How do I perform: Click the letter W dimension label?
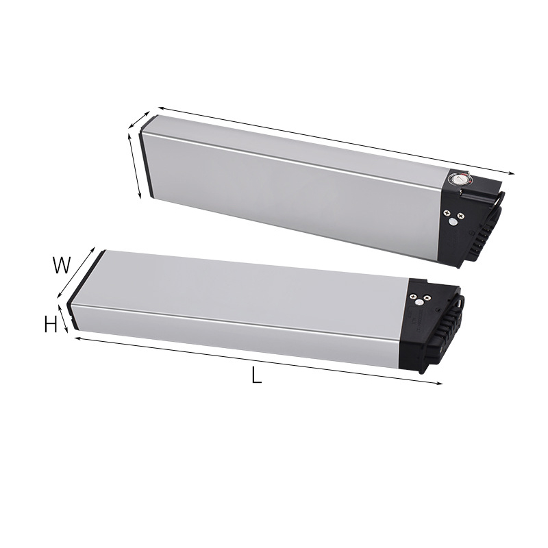pyautogui.click(x=62, y=265)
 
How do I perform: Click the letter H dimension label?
pyautogui.click(x=51, y=325)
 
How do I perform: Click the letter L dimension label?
pyautogui.click(x=256, y=376)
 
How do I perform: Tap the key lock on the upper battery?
pyautogui.click(x=458, y=180)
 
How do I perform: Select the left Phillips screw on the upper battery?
pyautogui.click(x=446, y=212)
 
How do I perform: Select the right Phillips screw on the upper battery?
pyautogui.click(x=461, y=216)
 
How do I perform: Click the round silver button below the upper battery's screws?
pyautogui.click(x=452, y=221)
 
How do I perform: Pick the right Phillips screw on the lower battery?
pyautogui.click(x=426, y=297)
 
